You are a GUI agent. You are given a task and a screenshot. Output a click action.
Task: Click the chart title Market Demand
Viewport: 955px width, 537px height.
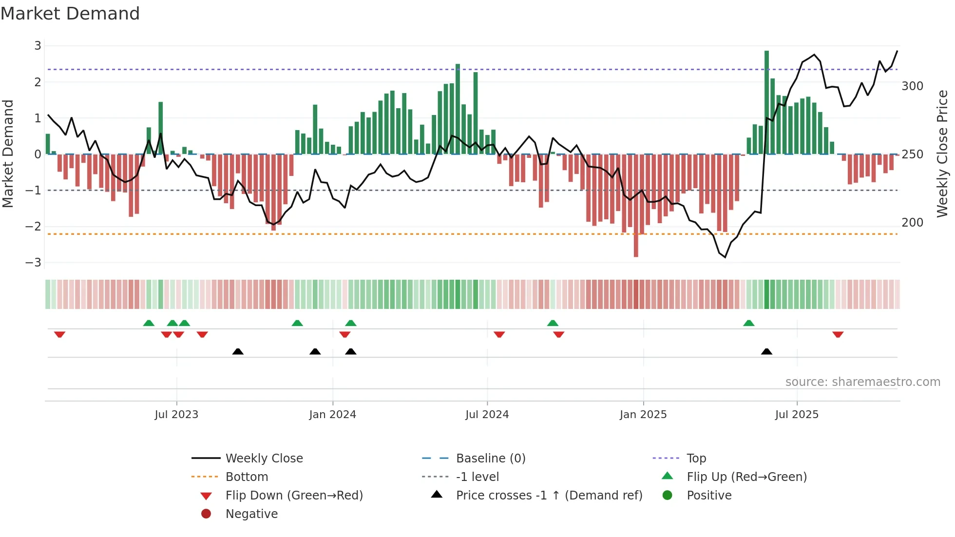point(70,14)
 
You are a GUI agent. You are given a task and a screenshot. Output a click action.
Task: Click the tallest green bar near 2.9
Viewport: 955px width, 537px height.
point(766,102)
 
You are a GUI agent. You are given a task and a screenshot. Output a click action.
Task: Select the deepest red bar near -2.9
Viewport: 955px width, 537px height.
point(636,205)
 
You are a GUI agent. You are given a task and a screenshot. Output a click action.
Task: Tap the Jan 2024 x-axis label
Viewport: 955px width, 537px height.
point(332,415)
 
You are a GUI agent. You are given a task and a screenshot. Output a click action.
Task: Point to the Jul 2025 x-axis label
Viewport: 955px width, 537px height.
point(797,415)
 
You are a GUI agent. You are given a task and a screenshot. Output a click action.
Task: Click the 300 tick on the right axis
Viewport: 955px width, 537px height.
point(912,86)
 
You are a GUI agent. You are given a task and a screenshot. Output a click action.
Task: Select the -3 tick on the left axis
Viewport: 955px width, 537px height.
point(34,263)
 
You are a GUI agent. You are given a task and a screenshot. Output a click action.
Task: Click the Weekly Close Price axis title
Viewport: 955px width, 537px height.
point(942,153)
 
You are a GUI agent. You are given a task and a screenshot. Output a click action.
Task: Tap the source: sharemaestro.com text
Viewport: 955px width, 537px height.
point(862,382)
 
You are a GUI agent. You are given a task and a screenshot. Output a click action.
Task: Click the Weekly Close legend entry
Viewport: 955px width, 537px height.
point(264,459)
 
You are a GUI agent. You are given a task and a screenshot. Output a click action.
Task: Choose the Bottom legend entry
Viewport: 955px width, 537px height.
point(247,477)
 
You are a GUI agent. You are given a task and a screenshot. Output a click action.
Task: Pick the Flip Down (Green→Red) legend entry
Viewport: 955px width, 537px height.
point(294,496)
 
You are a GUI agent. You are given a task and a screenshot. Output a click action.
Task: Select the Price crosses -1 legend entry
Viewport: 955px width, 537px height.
point(549,496)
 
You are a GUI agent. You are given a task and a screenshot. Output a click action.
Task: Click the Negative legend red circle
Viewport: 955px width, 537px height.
point(206,514)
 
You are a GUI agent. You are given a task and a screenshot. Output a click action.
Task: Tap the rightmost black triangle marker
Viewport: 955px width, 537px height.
point(766,352)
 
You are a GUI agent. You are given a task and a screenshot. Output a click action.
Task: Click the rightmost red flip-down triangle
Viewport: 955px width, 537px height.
point(838,334)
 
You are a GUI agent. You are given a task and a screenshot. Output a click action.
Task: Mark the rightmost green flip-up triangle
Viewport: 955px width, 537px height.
point(749,323)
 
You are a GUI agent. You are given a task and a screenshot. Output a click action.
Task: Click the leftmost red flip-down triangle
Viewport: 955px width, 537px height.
point(59,334)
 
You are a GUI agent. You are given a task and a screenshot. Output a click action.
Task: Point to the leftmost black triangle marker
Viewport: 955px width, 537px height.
point(238,352)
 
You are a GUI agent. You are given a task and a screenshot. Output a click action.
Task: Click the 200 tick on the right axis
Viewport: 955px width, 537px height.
point(912,223)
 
